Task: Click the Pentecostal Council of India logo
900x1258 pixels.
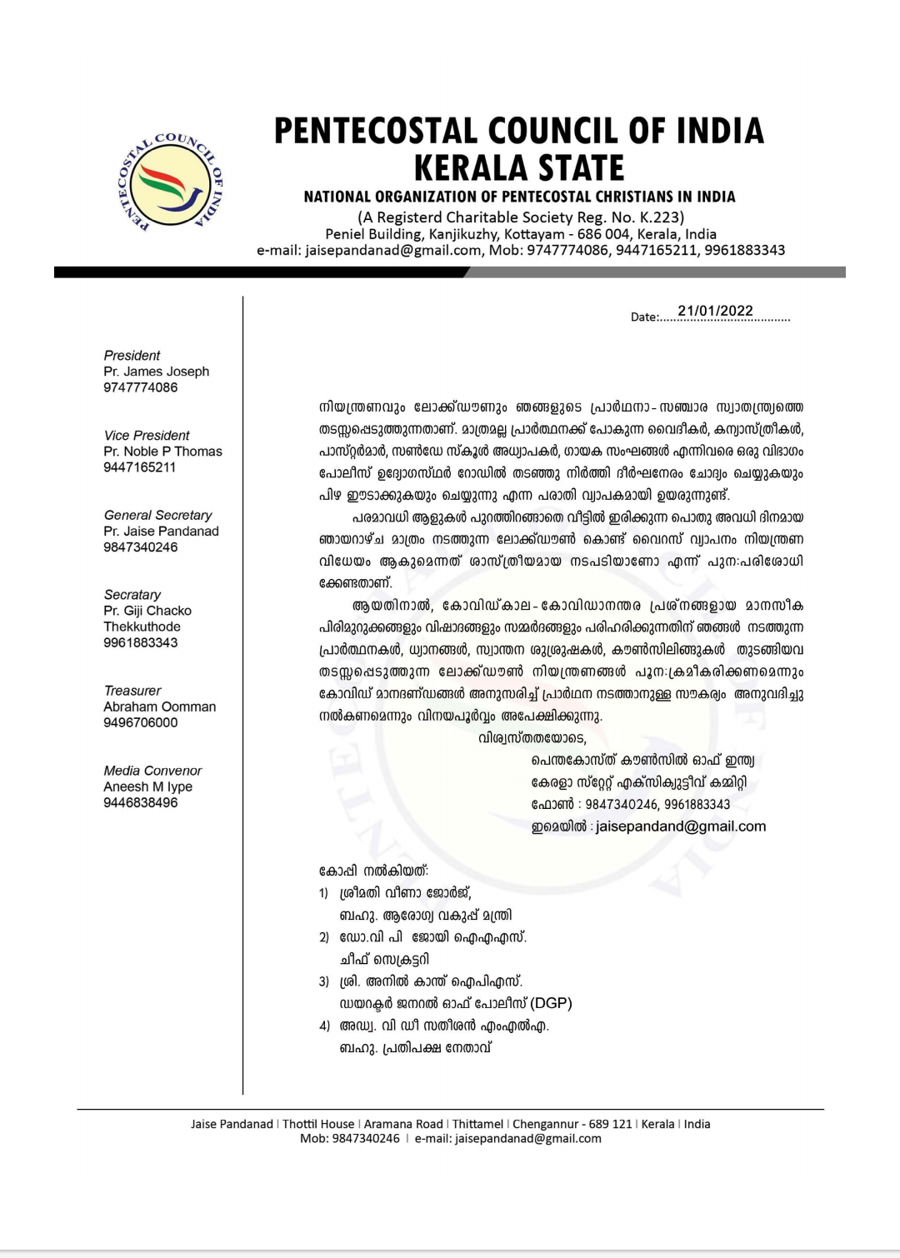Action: point(171,182)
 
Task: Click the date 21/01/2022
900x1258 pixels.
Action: point(715,312)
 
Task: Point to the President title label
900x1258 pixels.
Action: point(132,356)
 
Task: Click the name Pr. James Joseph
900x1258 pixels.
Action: point(156,372)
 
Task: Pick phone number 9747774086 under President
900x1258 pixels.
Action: point(140,387)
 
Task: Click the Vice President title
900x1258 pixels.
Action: point(147,436)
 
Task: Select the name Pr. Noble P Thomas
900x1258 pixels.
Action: point(162,452)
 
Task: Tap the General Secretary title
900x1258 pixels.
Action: point(157,516)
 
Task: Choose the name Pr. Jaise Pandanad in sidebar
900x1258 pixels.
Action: point(161,532)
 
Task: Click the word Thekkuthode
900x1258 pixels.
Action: point(142,627)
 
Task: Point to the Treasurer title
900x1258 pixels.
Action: point(132,691)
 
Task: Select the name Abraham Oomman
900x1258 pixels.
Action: point(159,707)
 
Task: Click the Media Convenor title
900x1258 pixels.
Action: point(152,771)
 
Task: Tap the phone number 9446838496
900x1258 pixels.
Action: point(140,803)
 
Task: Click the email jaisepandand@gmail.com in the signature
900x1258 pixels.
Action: point(681,826)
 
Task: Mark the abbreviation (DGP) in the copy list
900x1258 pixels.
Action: point(551,1003)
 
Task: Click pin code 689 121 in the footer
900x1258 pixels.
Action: point(610,1124)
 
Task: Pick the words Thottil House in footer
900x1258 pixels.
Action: point(318,1124)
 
